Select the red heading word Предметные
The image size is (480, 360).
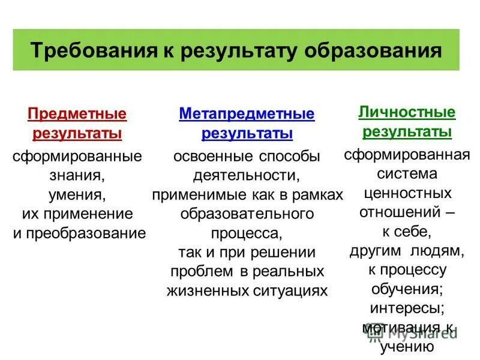(x=77, y=113)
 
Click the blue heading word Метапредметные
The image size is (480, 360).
(x=247, y=113)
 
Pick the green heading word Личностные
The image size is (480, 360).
(x=407, y=112)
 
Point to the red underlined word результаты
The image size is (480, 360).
(x=77, y=133)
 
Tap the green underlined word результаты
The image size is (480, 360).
(x=407, y=131)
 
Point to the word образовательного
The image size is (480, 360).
(x=247, y=214)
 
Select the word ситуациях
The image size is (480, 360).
(x=289, y=291)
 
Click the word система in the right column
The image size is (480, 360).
(x=407, y=174)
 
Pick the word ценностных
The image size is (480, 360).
(x=407, y=193)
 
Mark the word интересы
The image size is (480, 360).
(x=407, y=309)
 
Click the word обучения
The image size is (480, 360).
(x=407, y=289)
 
